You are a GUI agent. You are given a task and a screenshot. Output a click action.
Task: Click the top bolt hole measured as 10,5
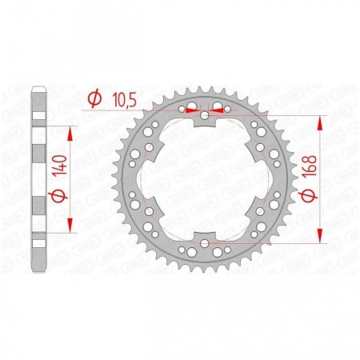click(206, 116)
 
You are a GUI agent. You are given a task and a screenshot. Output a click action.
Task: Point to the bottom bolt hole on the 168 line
click(206, 242)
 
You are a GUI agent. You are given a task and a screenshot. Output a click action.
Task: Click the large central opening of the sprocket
click(206, 178)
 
